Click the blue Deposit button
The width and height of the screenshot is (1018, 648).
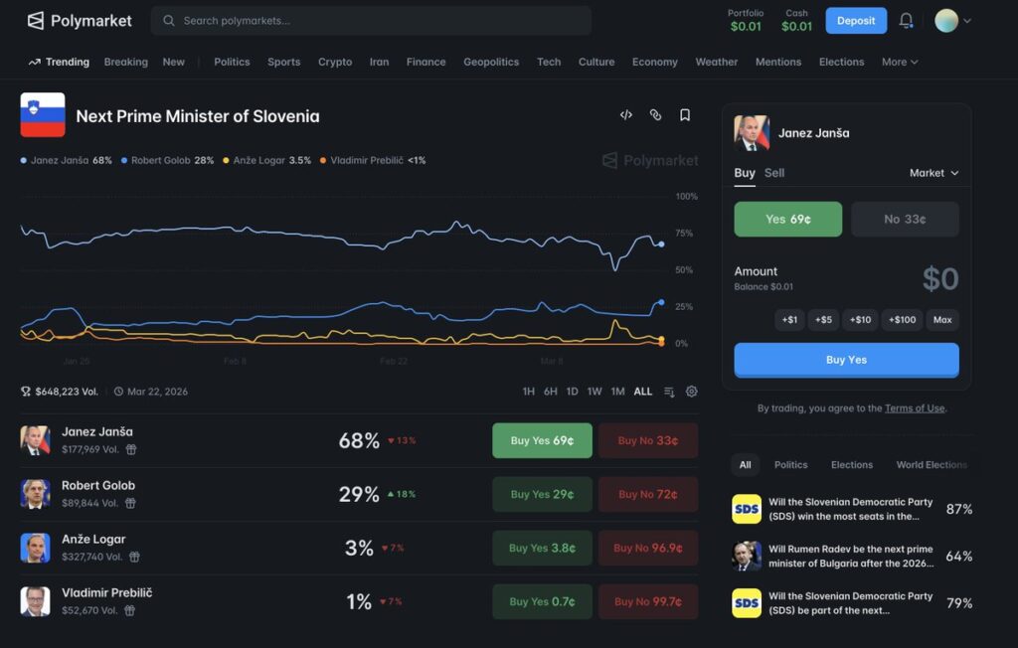[x=856, y=21]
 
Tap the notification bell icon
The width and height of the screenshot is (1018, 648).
[x=906, y=21]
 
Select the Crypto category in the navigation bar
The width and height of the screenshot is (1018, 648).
[x=335, y=62]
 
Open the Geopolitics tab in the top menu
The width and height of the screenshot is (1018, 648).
[x=491, y=62]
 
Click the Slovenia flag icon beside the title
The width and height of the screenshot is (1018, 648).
[x=43, y=115]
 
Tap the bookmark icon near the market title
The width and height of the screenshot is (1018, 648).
[x=685, y=115]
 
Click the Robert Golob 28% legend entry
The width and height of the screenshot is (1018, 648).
[x=168, y=160]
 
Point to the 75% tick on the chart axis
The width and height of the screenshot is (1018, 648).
[x=684, y=234]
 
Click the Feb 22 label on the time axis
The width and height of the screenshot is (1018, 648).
[x=394, y=362]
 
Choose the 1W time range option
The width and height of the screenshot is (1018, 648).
[x=594, y=392]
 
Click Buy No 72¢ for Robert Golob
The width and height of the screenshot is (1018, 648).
[x=647, y=494]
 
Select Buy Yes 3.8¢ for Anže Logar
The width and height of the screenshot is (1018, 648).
[x=542, y=548]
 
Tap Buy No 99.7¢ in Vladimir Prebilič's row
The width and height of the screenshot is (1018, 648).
[x=647, y=601]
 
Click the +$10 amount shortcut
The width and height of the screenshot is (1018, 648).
[x=860, y=320]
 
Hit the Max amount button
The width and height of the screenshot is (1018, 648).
[x=942, y=320]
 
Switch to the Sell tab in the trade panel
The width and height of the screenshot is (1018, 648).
[x=774, y=173]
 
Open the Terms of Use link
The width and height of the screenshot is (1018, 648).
[x=915, y=408]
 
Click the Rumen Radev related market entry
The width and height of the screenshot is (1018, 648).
[x=850, y=556]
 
